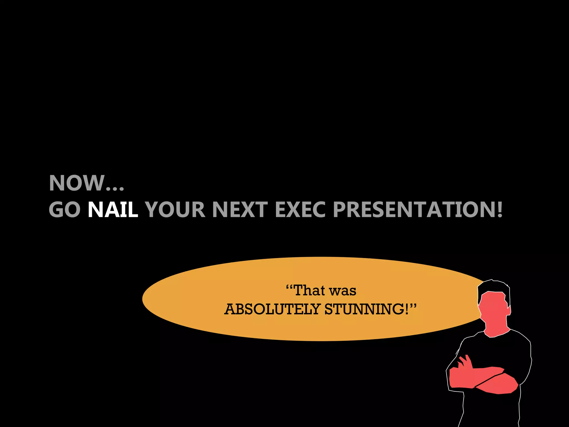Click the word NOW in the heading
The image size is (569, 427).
[x=76, y=183]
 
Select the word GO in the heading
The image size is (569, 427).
[x=65, y=210]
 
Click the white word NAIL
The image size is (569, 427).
[x=113, y=210]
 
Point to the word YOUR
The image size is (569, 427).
[x=175, y=210]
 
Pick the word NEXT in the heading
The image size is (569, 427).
[x=240, y=210]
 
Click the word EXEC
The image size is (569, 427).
[x=300, y=210]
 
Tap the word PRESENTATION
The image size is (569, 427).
[x=414, y=210]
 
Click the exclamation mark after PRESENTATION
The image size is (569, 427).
[x=500, y=210]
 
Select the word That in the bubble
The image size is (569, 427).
[x=309, y=291]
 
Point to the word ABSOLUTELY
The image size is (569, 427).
[x=272, y=309]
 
